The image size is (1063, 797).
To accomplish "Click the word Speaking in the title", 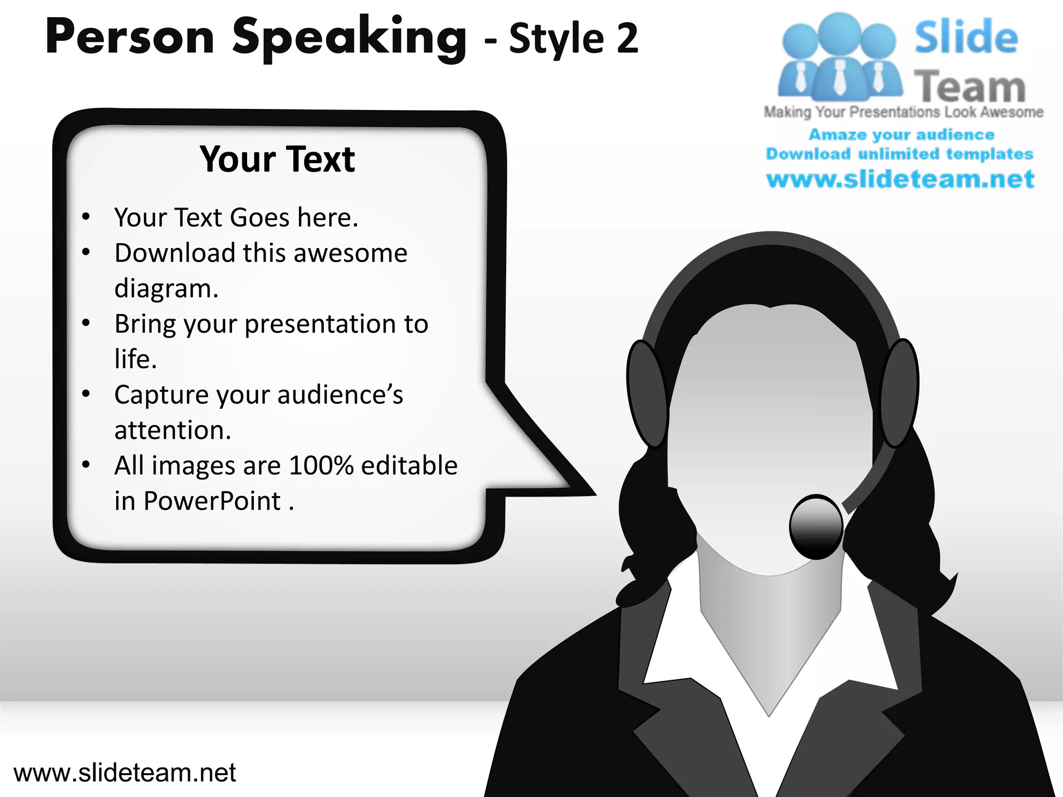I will (349, 37).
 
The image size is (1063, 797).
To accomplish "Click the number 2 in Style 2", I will (627, 39).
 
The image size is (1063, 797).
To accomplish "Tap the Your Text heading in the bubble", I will (277, 159).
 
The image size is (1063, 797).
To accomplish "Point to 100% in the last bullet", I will (321, 465).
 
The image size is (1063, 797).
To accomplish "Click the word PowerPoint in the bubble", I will (212, 501).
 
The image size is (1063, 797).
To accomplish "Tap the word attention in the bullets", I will (172, 431).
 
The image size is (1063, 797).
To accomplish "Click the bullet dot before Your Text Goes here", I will (86, 216).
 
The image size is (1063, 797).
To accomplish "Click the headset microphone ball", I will (815, 527).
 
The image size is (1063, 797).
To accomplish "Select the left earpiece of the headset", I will (646, 393).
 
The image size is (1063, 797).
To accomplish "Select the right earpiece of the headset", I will (900, 393).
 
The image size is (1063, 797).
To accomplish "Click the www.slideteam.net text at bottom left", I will (125, 773).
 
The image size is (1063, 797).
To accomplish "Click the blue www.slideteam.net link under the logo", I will (900, 180).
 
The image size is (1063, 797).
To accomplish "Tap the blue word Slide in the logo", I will (965, 37).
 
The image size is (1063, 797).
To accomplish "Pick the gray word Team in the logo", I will (970, 87).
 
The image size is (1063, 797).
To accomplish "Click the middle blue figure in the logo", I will (839, 57).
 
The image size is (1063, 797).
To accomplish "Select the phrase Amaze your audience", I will (901, 135).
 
